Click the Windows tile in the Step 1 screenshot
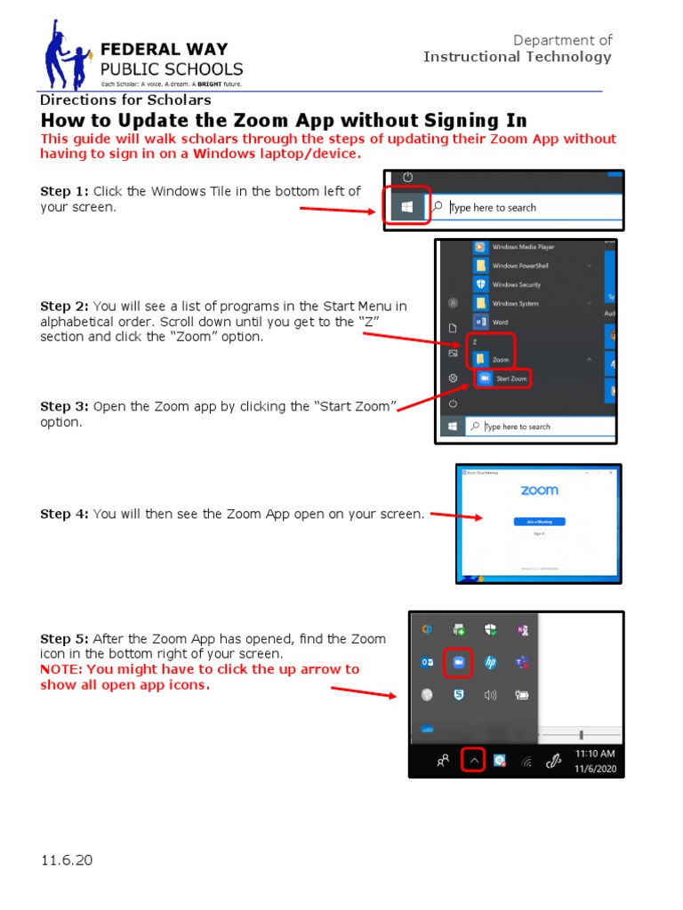coord(407,207)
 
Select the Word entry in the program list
coord(500,322)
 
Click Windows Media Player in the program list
coord(523,247)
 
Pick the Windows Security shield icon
coord(480,284)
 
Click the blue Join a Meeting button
coord(540,522)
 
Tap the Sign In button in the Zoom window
coord(540,534)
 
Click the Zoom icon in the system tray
coord(459,662)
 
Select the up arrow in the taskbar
coord(474,761)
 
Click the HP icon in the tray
coord(490,662)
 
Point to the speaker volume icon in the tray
coord(490,695)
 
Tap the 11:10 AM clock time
coord(595,754)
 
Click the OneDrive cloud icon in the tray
coord(428,729)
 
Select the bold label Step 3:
coord(65,406)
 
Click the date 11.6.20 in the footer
coord(67,860)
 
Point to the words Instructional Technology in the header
coord(518,57)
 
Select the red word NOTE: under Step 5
coord(63,669)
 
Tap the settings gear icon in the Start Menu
coord(453,378)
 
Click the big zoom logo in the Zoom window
coord(540,491)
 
